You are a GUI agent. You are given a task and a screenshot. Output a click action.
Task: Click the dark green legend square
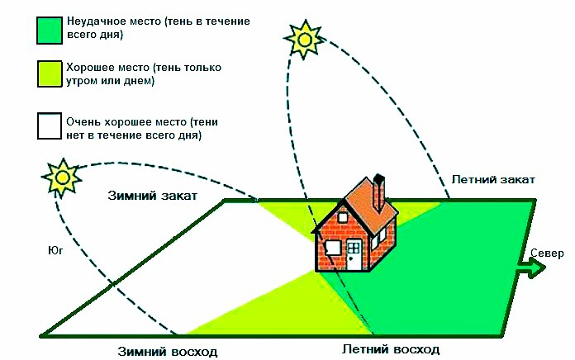click(49, 31)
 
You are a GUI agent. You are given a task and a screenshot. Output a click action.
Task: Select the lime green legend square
click(49, 73)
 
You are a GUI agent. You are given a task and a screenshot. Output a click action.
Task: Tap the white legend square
click(49, 126)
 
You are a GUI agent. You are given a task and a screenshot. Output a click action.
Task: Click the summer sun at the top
click(304, 40)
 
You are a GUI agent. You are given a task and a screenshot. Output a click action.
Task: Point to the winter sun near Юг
click(62, 178)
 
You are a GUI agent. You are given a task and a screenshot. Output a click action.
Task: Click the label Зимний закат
click(153, 196)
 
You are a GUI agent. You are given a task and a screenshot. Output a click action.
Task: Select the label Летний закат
click(493, 180)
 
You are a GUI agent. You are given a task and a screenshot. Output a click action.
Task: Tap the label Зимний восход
click(168, 352)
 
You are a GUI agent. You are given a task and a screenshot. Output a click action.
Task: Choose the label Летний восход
click(391, 349)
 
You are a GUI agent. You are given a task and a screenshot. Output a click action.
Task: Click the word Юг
click(55, 250)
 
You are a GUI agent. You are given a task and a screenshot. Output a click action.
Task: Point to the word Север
click(547, 253)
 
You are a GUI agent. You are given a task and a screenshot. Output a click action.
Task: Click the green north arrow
click(531, 268)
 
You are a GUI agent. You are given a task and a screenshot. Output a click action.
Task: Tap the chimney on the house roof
click(379, 192)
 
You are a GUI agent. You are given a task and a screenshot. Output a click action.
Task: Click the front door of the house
click(354, 255)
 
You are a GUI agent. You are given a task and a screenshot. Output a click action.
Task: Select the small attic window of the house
click(343, 218)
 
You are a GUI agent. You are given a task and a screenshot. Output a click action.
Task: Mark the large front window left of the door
click(333, 248)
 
